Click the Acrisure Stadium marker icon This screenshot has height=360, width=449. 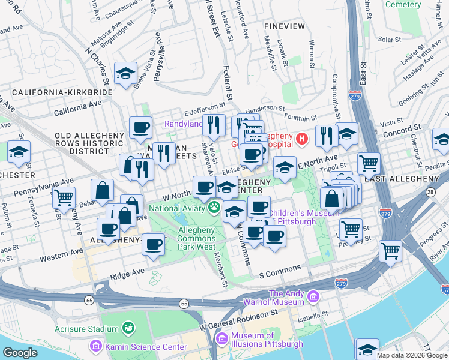pyautogui.click(x=128, y=328)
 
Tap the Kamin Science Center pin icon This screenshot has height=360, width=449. pyautogui.click(x=95, y=347)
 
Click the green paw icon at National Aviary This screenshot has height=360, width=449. pyautogui.click(x=215, y=208)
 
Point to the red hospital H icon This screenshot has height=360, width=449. pyautogui.click(x=302, y=139)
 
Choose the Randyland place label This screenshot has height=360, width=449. pyautogui.click(x=184, y=124)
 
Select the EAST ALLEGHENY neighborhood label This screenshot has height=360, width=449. pyautogui.click(x=414, y=179)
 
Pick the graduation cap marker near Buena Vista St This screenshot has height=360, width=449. pyautogui.click(x=125, y=74)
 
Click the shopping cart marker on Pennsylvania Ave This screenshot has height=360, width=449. pyautogui.click(x=63, y=197)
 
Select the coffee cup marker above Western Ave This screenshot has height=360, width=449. pyautogui.click(x=154, y=244)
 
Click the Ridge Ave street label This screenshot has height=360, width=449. pyautogui.click(x=127, y=272)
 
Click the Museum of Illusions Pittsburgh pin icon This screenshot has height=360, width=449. pyautogui.click(x=222, y=340)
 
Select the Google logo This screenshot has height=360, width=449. pyautogui.click(x=20, y=353)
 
